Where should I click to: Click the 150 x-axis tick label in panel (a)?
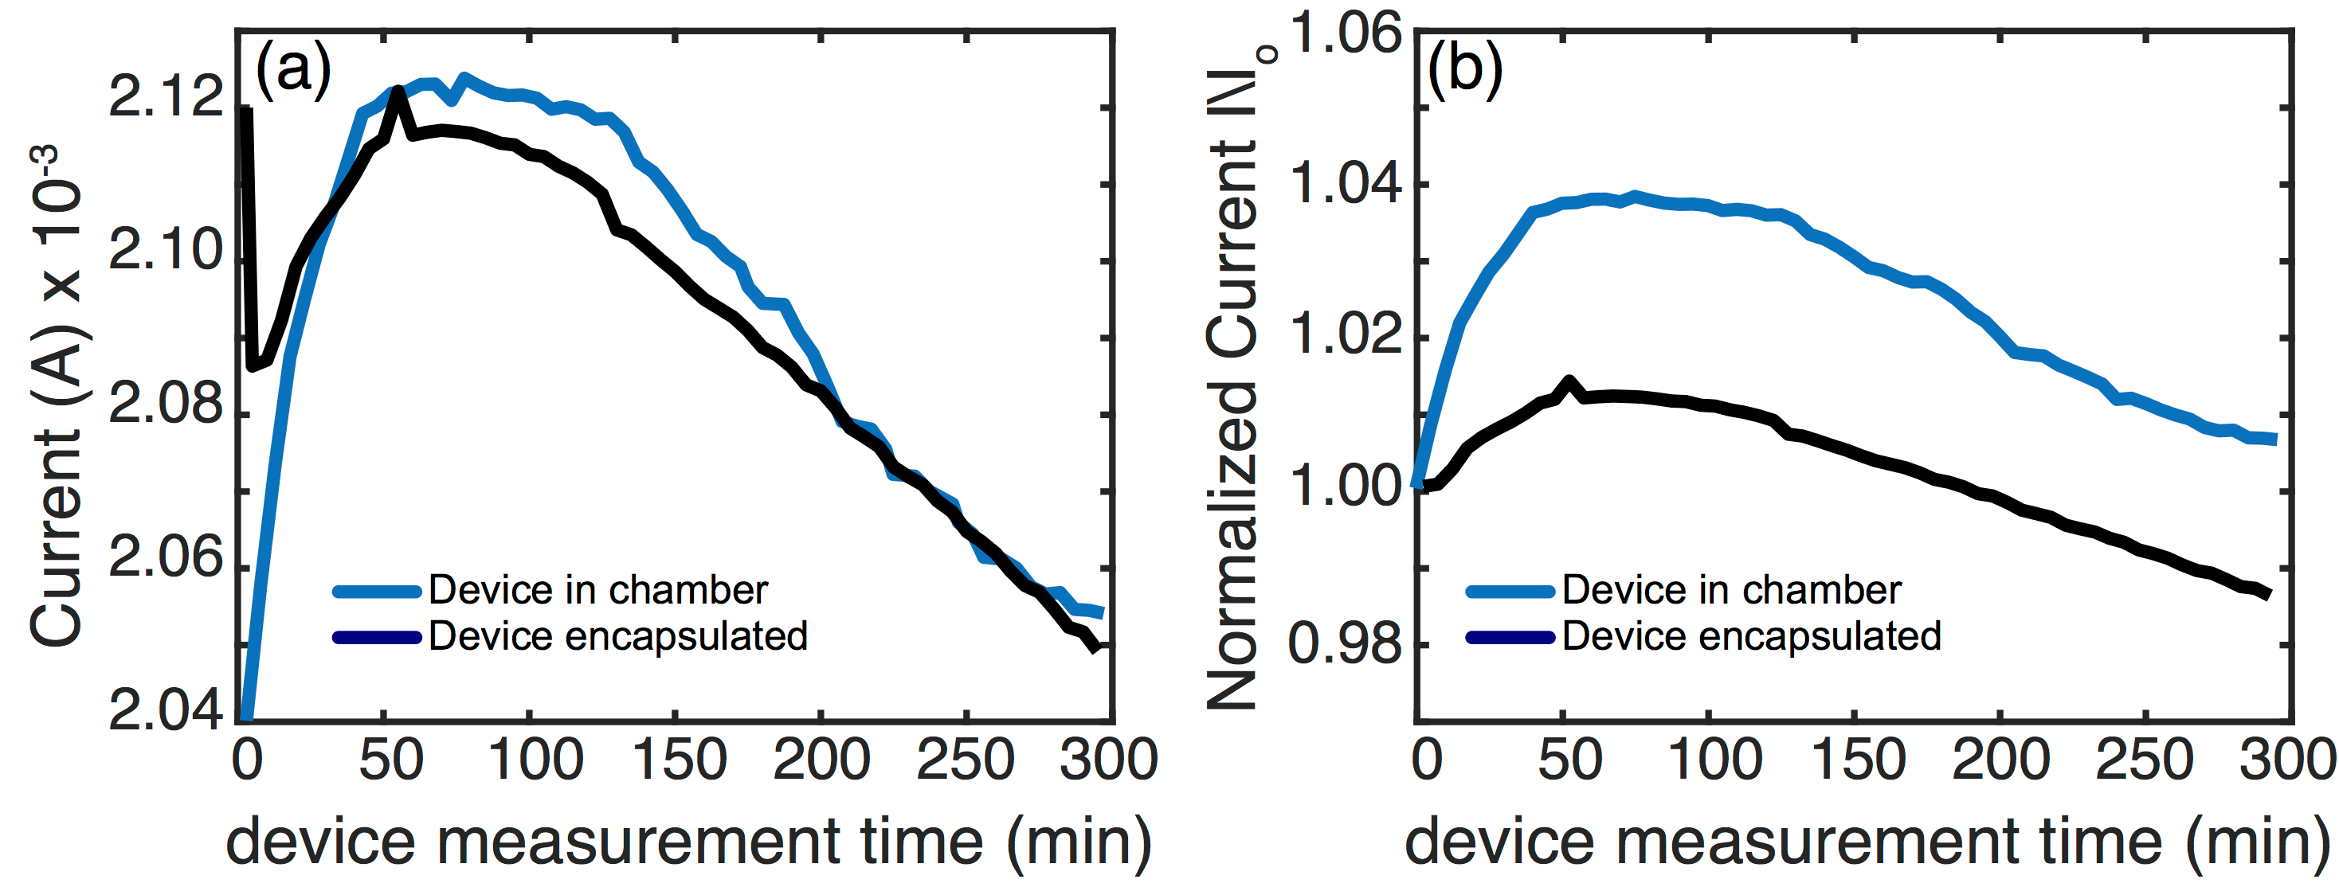click(x=680, y=760)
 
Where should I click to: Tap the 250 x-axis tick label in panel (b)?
click(x=2145, y=760)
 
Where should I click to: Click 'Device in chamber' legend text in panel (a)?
click(x=598, y=591)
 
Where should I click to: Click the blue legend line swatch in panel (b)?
click(x=1510, y=592)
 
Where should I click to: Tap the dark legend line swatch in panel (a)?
click(x=377, y=637)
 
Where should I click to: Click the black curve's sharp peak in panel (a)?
click(x=397, y=92)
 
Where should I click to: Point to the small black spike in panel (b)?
click(x=1568, y=381)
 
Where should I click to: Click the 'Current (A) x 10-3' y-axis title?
click(x=57, y=396)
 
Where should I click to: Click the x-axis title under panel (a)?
click(x=688, y=842)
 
